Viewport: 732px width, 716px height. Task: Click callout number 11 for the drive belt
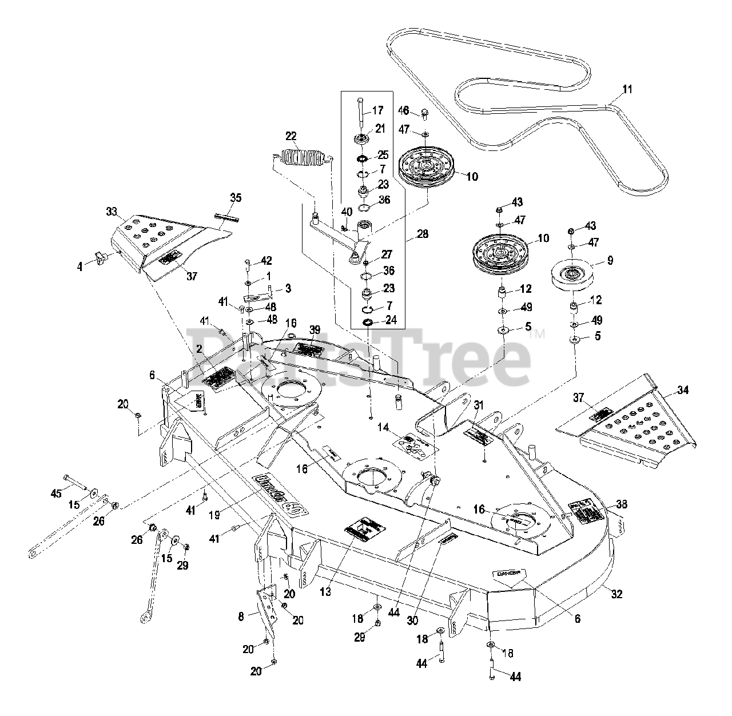coord(627,89)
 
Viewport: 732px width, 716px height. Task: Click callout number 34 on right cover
coord(683,390)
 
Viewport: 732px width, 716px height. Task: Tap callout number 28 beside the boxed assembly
coord(423,234)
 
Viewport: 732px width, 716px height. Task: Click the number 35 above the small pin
coord(235,198)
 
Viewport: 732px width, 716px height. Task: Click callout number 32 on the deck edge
coord(616,594)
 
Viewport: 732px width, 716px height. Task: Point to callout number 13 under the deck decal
coord(325,592)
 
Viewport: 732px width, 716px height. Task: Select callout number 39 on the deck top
coord(315,329)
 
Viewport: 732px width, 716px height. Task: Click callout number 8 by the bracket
coord(241,616)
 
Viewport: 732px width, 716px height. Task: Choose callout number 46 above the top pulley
coord(404,110)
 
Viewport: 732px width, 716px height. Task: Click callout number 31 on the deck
coord(479,404)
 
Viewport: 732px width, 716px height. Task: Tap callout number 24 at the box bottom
coord(391,320)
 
